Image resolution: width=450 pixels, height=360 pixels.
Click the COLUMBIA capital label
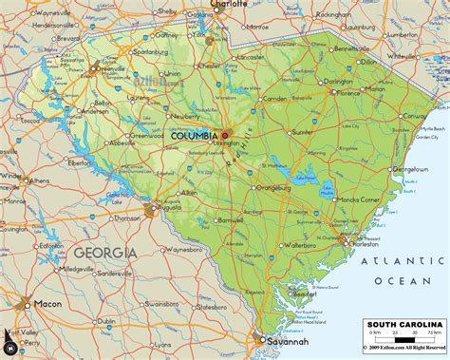pos(194,136)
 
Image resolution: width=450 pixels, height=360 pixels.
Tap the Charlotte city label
pos(229,5)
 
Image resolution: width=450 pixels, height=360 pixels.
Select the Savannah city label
pos(287,341)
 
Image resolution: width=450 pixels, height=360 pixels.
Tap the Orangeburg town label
pos(274,187)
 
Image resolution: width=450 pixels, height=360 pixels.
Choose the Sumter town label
pos(305,133)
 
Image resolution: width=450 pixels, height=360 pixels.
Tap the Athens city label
pos(40,180)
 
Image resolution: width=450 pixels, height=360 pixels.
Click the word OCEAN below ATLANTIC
pos(408,281)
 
